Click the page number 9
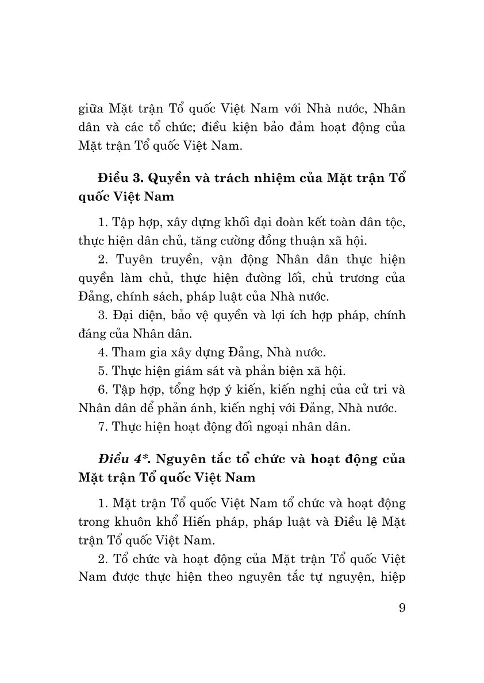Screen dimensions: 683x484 pyautogui.click(x=401, y=608)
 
